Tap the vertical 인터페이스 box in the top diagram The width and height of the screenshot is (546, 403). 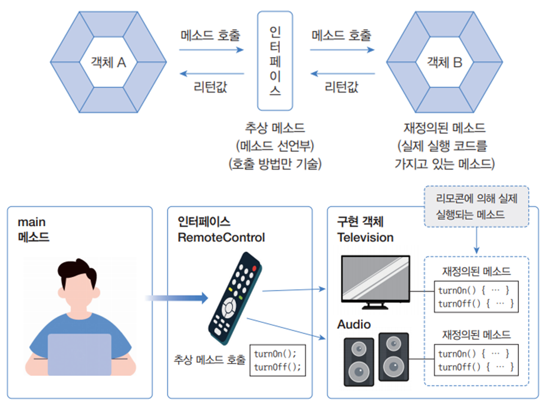(275, 61)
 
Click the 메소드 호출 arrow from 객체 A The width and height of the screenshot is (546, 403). (212, 50)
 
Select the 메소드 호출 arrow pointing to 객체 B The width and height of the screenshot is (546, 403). (343, 50)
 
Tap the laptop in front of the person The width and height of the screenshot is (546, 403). (79, 355)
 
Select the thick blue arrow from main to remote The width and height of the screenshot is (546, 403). (176, 298)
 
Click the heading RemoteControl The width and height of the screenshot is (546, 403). (221, 237)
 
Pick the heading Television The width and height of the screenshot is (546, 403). (365, 237)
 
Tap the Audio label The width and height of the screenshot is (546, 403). (354, 324)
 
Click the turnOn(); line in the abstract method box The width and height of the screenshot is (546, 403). (275, 354)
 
